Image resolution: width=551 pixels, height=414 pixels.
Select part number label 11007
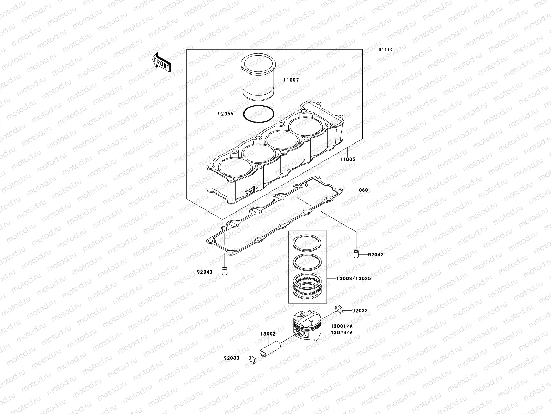point(291,80)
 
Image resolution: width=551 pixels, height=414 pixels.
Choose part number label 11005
point(347,159)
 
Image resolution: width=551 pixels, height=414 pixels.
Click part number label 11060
point(360,190)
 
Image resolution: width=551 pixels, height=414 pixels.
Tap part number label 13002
point(268,334)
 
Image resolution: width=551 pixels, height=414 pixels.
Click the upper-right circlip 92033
point(339,309)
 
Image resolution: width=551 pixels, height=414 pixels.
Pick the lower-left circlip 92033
point(253,360)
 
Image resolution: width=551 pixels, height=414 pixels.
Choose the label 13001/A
point(342,326)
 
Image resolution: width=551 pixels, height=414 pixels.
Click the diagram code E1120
point(386,50)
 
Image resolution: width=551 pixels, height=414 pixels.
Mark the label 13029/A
point(342,333)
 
